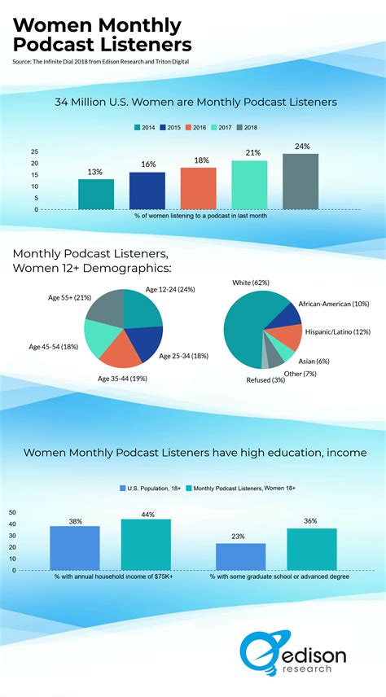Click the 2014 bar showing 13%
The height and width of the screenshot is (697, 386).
[x=96, y=194]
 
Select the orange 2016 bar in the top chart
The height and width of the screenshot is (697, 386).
[x=198, y=188]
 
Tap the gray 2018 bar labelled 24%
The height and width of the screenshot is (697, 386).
[x=300, y=181]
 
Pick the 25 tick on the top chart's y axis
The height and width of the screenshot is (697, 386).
[x=35, y=151]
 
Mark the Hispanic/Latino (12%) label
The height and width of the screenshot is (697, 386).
[x=338, y=331]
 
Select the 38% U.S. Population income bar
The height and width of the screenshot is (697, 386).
[x=75, y=548]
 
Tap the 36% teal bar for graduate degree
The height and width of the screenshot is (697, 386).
[x=311, y=549]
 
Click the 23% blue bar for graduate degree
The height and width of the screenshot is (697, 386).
[x=240, y=556]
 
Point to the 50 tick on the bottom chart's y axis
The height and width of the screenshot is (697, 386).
[x=13, y=512]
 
